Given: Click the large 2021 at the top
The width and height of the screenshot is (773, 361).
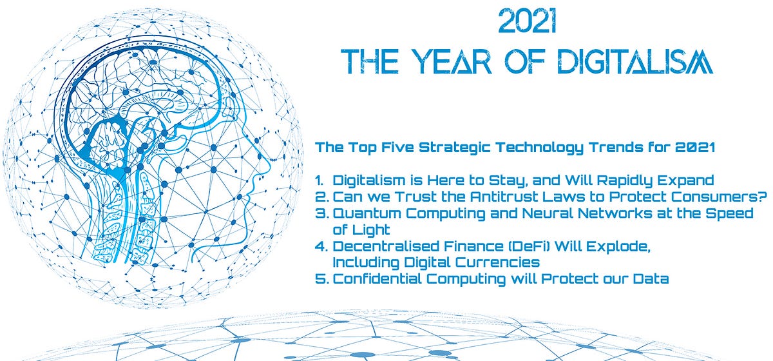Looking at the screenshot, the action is (x=528, y=21).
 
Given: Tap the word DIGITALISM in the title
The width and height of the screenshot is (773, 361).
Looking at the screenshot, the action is (x=635, y=61).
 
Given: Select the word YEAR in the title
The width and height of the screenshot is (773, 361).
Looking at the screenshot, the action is (x=452, y=61).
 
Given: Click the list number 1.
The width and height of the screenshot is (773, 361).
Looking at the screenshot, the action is (x=320, y=180).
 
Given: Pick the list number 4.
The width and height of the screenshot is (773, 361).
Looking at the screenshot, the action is (x=321, y=246).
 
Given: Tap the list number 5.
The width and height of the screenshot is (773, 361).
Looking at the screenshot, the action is (x=321, y=278).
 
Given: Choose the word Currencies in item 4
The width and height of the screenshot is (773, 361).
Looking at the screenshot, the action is (x=497, y=262).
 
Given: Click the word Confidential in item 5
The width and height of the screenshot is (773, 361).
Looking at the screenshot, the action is (x=377, y=278).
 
